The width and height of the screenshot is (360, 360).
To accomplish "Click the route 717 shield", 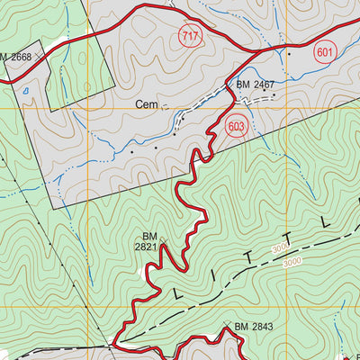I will (212, 37).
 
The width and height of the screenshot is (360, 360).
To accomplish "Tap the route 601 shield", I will (326, 53).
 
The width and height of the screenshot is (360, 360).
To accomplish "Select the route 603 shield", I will (237, 127).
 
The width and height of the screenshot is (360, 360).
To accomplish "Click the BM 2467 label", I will (256, 85).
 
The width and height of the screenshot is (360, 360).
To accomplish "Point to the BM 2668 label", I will (15, 58).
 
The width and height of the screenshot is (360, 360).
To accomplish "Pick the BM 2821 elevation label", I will (149, 242).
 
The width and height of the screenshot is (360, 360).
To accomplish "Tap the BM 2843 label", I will (254, 326).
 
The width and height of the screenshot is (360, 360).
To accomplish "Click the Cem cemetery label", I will (147, 105).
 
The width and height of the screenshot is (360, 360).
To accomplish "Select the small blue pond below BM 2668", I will (26, 90).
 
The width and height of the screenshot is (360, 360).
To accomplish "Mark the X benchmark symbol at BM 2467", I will (229, 85).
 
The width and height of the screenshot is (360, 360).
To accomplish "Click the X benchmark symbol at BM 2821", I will (163, 239).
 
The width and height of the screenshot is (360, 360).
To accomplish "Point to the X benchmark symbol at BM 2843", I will (227, 326).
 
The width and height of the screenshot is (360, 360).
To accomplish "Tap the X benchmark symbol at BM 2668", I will (40, 57).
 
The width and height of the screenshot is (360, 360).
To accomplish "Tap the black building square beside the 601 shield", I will (289, 54).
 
